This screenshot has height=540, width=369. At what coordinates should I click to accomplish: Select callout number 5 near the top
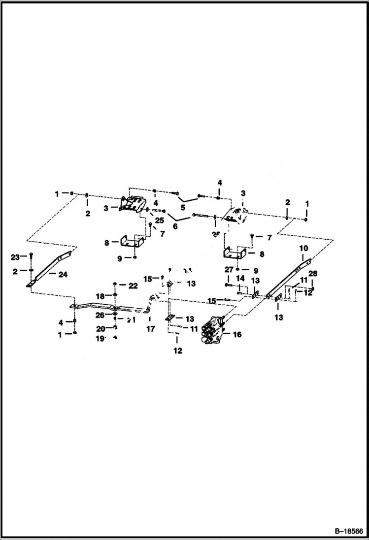click(183, 208)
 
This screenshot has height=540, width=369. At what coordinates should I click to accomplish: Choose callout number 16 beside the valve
click(237, 335)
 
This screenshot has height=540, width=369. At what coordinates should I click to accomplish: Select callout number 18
click(100, 296)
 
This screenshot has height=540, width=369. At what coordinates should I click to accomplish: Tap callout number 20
click(100, 328)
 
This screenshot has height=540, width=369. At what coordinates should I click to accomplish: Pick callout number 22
click(133, 286)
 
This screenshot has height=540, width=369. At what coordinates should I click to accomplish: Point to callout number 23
click(15, 257)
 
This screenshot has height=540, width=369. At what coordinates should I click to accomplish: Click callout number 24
click(63, 275)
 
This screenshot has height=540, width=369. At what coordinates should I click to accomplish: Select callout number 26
click(100, 315)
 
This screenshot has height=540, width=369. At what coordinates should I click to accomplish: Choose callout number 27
click(229, 270)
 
